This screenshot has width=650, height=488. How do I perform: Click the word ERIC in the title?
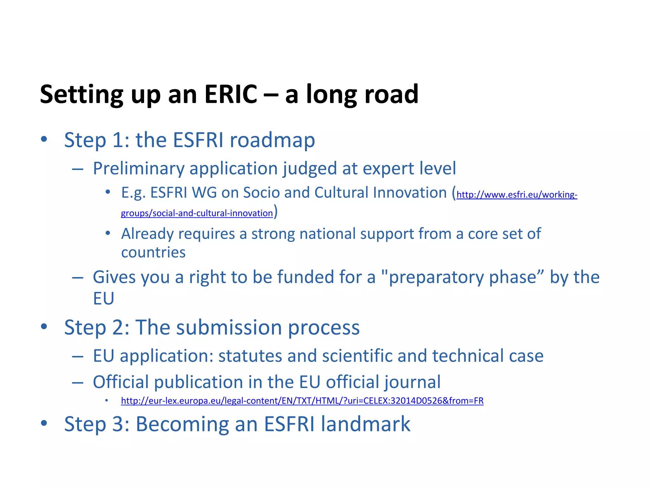[231, 94]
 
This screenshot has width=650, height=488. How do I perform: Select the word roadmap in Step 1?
[272, 140]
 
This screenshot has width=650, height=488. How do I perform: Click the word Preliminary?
[139, 168]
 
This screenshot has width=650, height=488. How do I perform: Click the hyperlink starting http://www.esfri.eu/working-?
[517, 194]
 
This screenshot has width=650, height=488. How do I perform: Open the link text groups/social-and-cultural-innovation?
[197, 213]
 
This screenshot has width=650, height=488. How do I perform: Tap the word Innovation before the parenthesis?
[410, 193]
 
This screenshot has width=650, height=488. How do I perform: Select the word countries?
[153, 253]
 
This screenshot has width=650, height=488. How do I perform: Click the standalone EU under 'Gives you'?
[103, 299]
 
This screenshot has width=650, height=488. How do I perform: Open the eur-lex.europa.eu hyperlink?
[302, 401]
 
